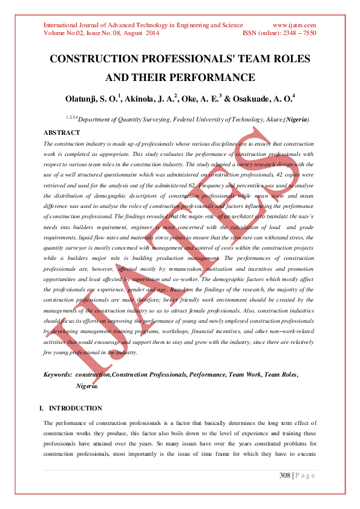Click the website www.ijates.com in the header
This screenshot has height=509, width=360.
click(295, 25)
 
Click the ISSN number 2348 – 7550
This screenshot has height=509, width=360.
click(298, 33)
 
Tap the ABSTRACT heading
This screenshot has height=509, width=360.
click(62, 132)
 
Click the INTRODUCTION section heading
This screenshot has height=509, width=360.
click(76, 408)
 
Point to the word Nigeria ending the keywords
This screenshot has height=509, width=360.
click(87, 385)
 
